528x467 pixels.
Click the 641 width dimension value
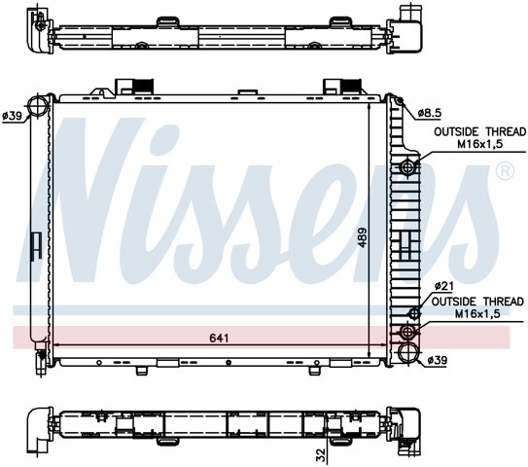click(x=219, y=338)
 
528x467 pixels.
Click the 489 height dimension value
click(x=363, y=238)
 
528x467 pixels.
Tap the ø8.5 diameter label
click(x=430, y=113)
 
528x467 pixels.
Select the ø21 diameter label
click(x=444, y=286)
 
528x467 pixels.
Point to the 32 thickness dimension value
click(x=321, y=454)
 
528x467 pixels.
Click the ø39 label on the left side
click(x=12, y=116)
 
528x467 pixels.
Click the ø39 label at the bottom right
click(x=437, y=361)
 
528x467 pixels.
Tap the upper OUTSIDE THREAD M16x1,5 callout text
click(x=479, y=138)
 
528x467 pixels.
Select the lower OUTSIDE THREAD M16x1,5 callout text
click(x=477, y=307)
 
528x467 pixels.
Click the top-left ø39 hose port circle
click(x=37, y=105)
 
